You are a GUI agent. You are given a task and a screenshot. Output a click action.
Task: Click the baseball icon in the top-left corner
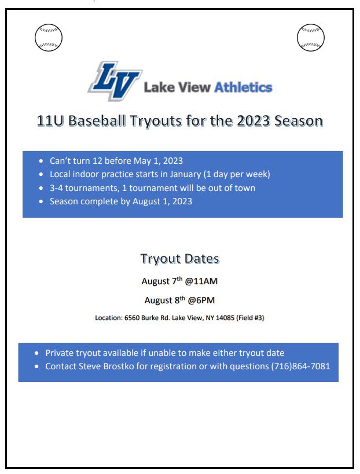pyautogui.click(x=49, y=38)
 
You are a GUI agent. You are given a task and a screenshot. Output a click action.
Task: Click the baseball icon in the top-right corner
pyautogui.click(x=311, y=38)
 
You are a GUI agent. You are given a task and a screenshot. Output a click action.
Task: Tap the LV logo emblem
pyautogui.click(x=114, y=81)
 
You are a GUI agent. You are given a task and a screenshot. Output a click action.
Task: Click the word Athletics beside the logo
pyautogui.click(x=243, y=87)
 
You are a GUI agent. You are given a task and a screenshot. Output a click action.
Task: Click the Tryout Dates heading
pyautogui.click(x=179, y=258)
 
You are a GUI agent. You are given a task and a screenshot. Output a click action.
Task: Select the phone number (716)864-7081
pyautogui.click(x=300, y=366)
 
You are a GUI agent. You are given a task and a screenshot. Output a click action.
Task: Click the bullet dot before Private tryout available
pyautogui.click(x=38, y=353)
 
